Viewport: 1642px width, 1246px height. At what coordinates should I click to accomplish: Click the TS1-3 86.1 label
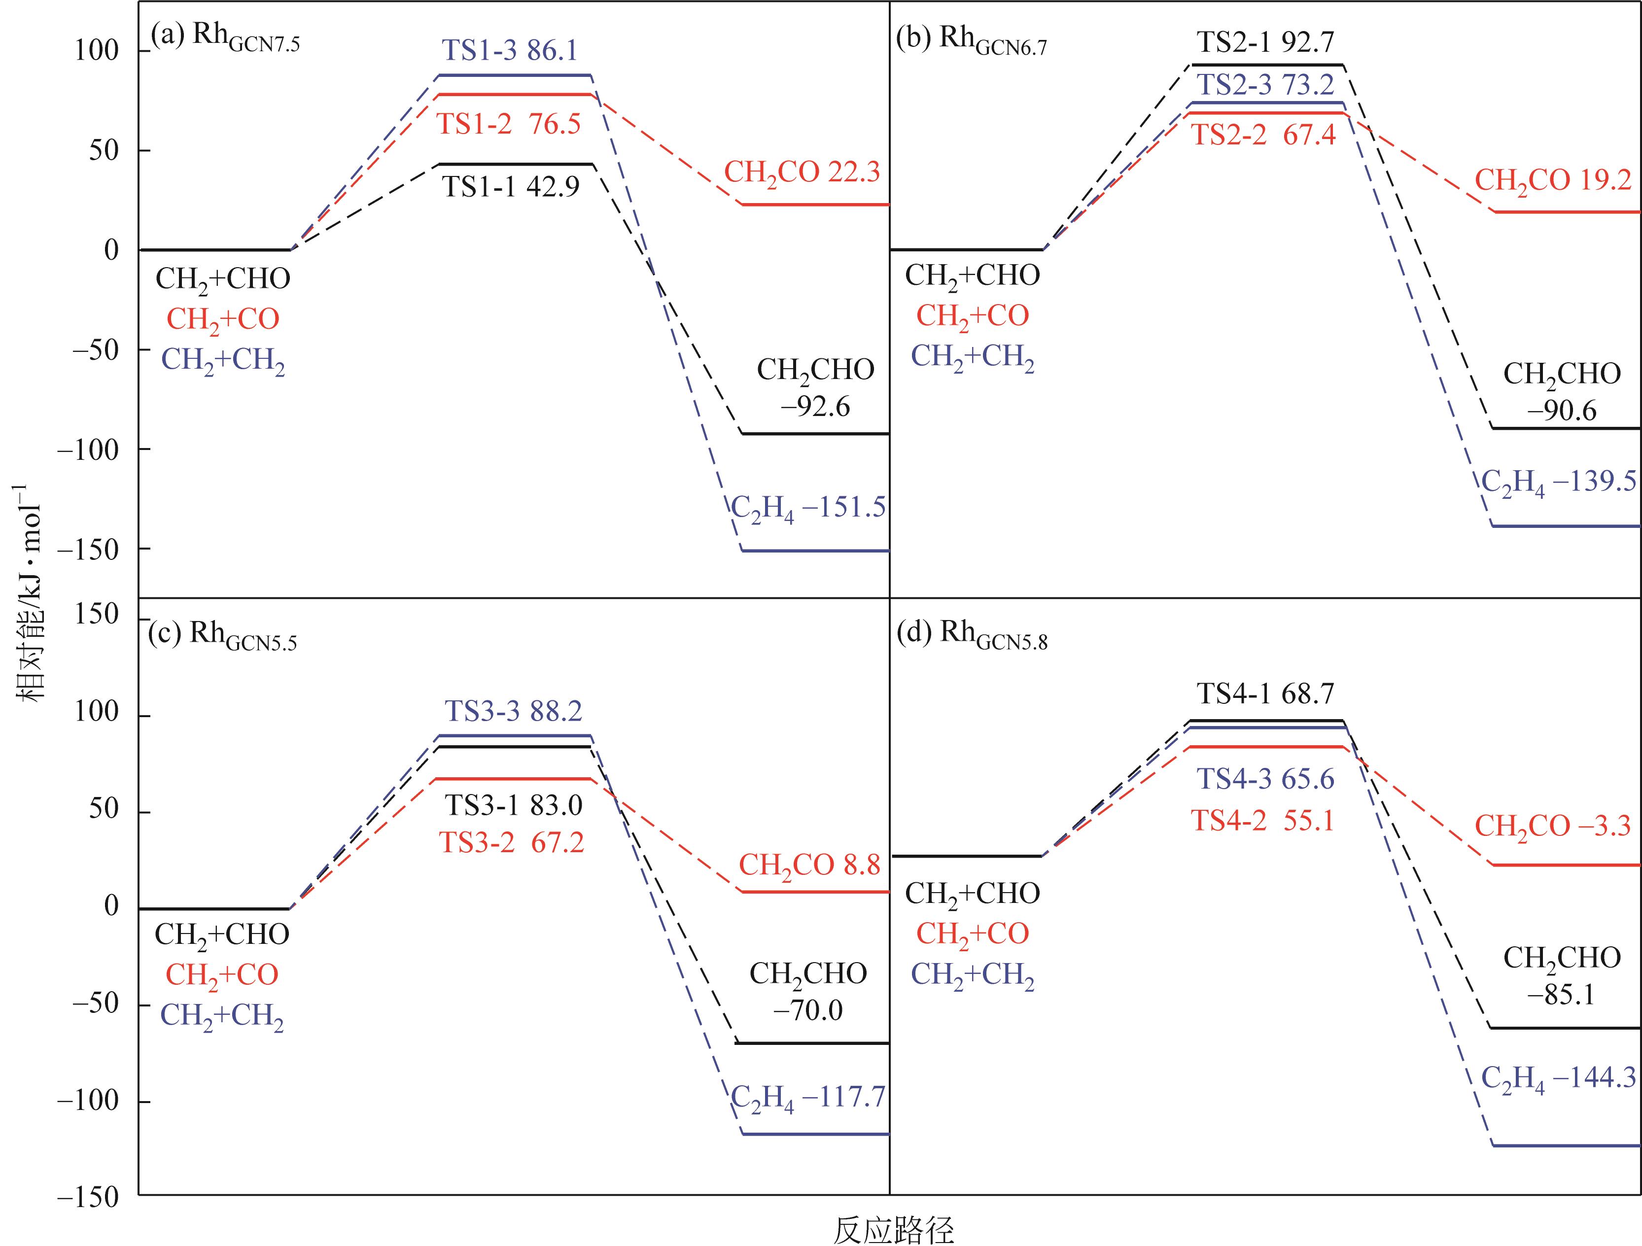coord(510,50)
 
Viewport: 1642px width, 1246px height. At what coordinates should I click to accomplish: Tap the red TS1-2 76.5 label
coord(509,124)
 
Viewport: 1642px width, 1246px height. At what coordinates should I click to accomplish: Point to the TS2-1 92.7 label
coord(1266,42)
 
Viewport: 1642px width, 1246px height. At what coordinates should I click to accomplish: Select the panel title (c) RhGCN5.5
coord(223,634)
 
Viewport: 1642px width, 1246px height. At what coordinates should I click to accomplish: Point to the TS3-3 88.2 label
coord(514,711)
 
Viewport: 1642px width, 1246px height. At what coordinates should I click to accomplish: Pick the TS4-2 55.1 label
coord(1262,821)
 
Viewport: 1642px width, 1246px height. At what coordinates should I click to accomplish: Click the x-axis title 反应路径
coord(894,1230)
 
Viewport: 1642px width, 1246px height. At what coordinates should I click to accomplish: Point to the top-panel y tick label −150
coord(88,550)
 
